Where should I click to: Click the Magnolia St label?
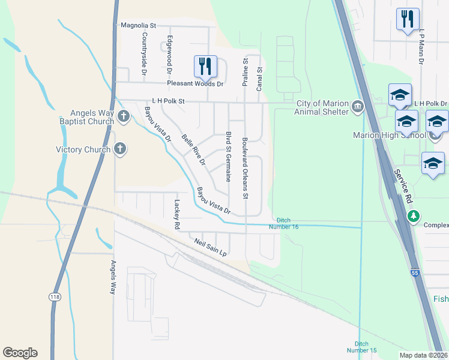tap(138, 26)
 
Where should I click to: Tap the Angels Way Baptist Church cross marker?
tap(124, 116)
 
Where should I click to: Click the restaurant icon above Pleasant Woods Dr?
tap(205, 65)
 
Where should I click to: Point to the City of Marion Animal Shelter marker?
tap(358, 107)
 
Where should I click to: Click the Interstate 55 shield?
tap(415, 273)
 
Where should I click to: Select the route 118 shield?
tap(54, 297)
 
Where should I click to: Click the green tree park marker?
tap(412, 215)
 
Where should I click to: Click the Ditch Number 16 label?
tap(287, 223)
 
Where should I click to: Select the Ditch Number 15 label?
tap(362, 346)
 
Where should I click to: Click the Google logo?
tap(20, 353)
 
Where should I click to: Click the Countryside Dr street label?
tap(145, 54)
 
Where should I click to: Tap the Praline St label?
tap(245, 73)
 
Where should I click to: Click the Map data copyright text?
tap(423, 354)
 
